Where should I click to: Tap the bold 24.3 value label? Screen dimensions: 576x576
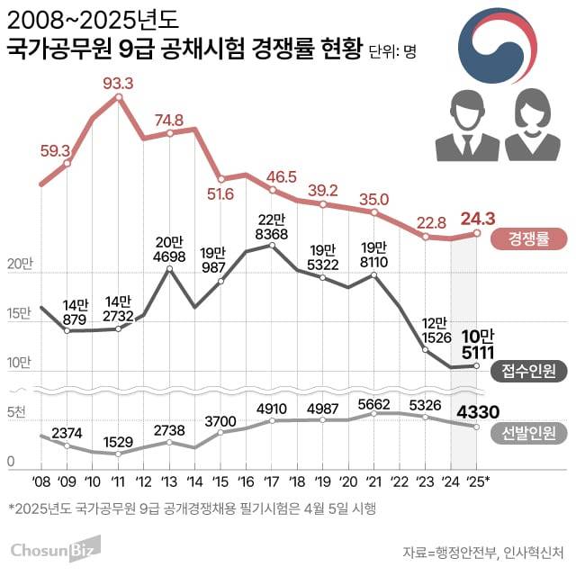(478, 218)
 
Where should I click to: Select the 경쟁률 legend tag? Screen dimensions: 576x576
(527, 238)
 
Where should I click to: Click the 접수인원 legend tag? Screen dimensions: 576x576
(527, 370)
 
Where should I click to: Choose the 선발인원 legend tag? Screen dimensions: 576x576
(527, 434)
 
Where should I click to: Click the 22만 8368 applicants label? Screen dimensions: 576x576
(270, 228)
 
